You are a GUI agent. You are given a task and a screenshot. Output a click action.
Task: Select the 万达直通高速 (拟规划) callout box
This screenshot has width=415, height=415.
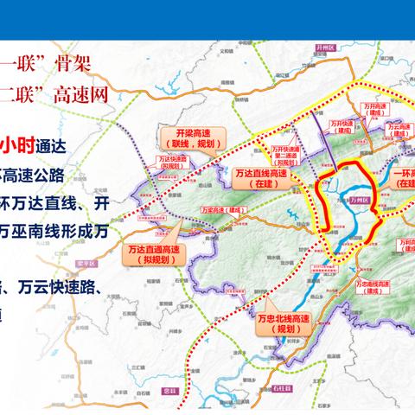coord(146,255)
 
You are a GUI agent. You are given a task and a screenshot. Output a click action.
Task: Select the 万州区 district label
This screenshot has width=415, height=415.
coord(358,200)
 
